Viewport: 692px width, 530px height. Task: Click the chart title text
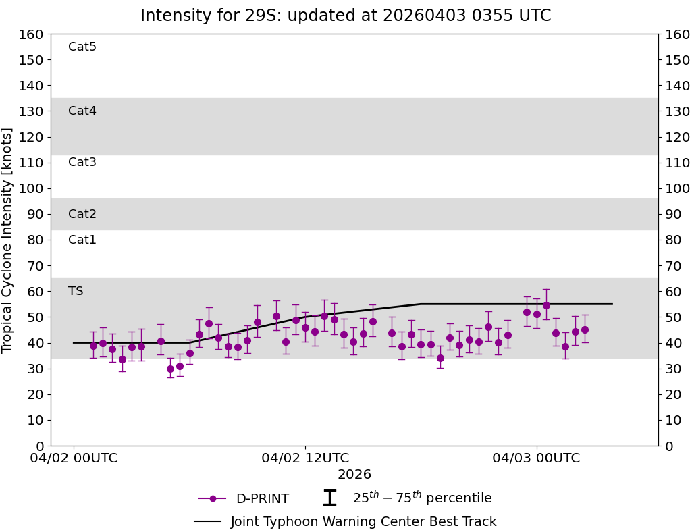[x=346, y=16]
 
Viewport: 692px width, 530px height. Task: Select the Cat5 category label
[x=82, y=47]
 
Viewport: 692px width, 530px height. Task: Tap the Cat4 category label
[x=82, y=111]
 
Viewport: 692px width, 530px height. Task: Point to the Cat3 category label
[x=82, y=162]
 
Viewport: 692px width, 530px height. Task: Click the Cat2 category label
[x=82, y=214]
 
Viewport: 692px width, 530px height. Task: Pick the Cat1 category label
[x=82, y=240]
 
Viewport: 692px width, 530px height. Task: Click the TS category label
[x=76, y=291]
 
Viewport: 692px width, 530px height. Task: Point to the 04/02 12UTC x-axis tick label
[x=305, y=458]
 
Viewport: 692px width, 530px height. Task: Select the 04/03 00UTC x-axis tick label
[x=536, y=458]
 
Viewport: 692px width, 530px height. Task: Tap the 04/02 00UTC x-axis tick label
[x=74, y=458]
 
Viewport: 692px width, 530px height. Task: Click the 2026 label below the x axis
[x=354, y=475]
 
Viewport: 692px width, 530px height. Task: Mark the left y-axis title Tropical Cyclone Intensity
[x=8, y=240]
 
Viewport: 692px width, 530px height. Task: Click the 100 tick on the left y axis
[x=32, y=188]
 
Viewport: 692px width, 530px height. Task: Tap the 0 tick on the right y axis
[x=667, y=446]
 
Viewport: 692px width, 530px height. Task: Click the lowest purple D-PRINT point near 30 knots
[x=170, y=369]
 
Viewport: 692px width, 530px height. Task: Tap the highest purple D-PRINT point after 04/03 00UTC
[x=546, y=305]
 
